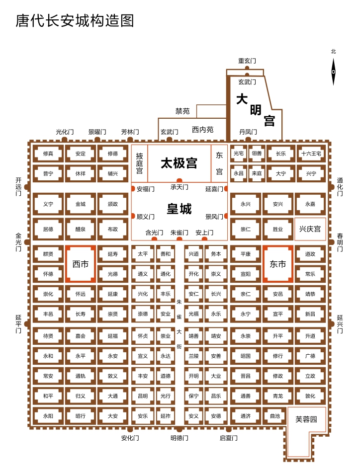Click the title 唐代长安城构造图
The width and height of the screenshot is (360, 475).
[x=75, y=20]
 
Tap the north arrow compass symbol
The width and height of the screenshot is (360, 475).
[x=334, y=71]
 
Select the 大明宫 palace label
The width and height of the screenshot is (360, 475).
[x=256, y=110]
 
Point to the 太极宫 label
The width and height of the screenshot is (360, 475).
[x=179, y=163]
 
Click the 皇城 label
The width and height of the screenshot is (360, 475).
[x=179, y=209]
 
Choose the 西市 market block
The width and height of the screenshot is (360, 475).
[x=81, y=264]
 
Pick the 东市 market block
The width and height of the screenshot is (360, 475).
[x=277, y=264]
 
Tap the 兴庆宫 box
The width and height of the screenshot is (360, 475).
[x=310, y=229]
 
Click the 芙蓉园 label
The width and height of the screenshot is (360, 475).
[x=306, y=419]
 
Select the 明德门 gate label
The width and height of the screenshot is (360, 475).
[x=180, y=438]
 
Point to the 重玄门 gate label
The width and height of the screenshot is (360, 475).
[x=247, y=61]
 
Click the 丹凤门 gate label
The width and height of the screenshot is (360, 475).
[x=248, y=132]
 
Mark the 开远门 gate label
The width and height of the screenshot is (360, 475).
[x=18, y=186]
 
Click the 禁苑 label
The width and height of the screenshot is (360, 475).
[x=182, y=111]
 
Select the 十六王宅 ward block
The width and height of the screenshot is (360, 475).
[x=311, y=154]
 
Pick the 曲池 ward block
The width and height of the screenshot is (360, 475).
[x=274, y=416]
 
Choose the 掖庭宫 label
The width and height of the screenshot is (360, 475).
[x=139, y=163]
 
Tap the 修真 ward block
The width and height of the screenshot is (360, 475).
[x=48, y=154]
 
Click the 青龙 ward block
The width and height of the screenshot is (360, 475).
[x=277, y=396]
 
